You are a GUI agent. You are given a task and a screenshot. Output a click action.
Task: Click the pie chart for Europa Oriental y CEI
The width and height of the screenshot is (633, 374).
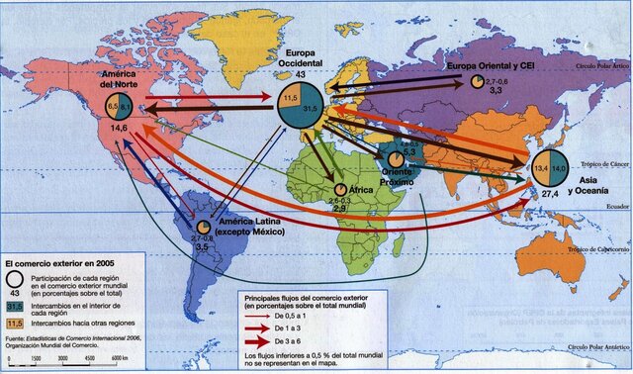pyautogui.click(x=479, y=82)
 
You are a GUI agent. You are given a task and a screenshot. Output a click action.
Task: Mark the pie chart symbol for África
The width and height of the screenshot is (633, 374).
pyautogui.click(x=341, y=189)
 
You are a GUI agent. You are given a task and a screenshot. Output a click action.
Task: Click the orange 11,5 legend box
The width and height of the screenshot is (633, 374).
pyautogui.click(x=16, y=323)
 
